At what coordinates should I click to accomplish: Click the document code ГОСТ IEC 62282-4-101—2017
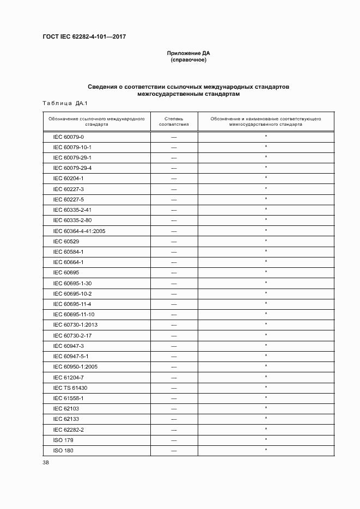coord(84,37)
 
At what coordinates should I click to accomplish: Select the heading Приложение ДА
coord(188,53)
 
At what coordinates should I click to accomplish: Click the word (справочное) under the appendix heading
coord(188,60)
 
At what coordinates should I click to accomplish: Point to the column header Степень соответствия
coord(174,121)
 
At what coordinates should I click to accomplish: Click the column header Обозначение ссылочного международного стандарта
coord(96,121)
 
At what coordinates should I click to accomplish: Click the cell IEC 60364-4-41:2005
coord(79,231)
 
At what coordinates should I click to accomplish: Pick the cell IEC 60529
coord(64,241)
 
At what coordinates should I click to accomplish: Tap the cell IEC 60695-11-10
coord(74,314)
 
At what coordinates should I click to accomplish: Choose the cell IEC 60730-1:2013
coord(75,325)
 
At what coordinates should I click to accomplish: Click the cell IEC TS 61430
coord(70,388)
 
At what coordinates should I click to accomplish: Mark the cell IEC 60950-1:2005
coord(75,367)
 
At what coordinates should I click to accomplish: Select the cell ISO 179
coord(63,440)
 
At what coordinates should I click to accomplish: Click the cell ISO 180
coord(63,450)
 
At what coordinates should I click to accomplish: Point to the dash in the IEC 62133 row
coord(174,419)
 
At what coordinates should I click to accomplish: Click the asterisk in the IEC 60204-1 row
coord(266,178)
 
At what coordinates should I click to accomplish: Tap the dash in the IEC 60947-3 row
coord(174,346)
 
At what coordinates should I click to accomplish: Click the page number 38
coord(45,463)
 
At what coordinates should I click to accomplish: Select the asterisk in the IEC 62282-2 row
coord(266,429)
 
